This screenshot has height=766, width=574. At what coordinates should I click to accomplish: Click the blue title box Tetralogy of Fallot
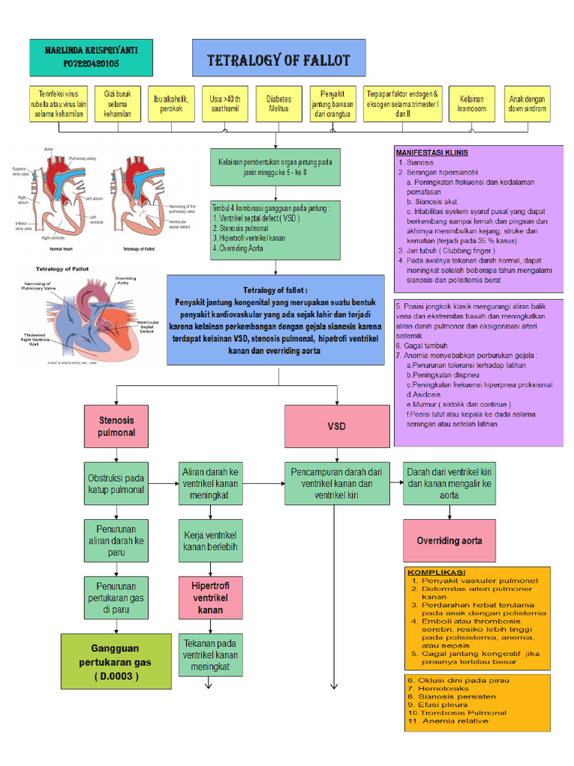coord(278,60)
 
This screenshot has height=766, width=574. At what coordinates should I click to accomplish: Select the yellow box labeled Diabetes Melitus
coord(278,103)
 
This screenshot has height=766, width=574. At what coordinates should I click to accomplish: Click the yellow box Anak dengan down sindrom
coord(528,103)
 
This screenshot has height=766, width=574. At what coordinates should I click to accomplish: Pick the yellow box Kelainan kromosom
coord(472,103)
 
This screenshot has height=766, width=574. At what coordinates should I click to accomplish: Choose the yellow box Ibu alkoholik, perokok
coord(171,103)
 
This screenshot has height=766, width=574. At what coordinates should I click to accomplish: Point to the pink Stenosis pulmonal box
coord(117,426)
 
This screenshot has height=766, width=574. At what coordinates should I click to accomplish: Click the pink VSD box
coord(336,426)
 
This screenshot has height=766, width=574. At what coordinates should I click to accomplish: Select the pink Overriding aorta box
coord(449,541)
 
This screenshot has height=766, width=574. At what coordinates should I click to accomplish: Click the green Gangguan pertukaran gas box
coord(116,661)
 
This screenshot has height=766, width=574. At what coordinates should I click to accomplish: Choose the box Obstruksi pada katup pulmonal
coord(116,484)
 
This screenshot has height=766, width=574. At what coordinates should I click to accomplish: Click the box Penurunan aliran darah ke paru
coord(116,541)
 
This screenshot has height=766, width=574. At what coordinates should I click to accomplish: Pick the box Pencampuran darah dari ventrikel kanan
coord(336,483)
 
